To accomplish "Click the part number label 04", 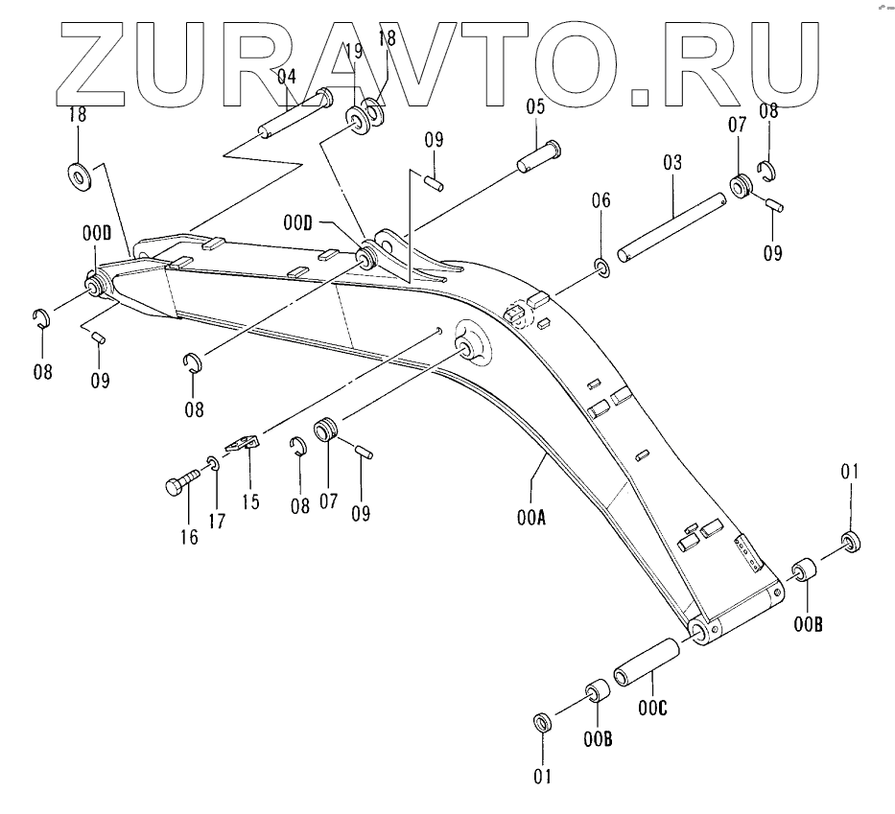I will pyautogui.click(x=288, y=75).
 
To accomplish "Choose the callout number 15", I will pyautogui.click(x=250, y=501).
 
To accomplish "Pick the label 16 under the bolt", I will pyautogui.click(x=189, y=536).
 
